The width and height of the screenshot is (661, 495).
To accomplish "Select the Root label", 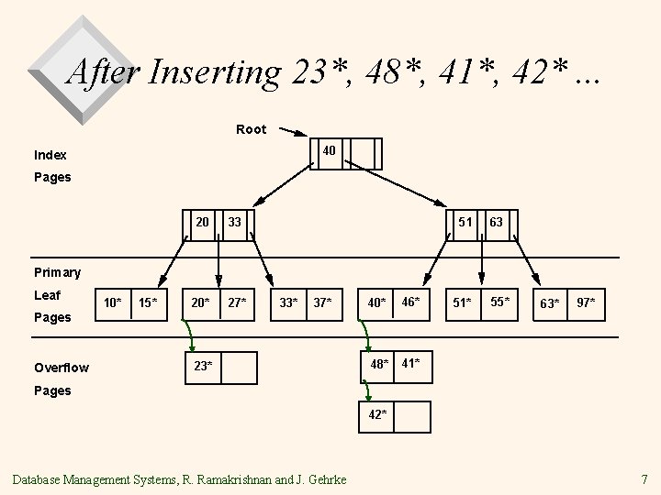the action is (251, 129).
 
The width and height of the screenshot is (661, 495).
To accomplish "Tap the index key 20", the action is (202, 221).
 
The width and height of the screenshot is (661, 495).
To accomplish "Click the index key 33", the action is (235, 221).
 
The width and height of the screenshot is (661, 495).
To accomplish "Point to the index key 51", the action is (465, 221).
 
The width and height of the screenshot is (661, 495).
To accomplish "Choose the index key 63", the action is (496, 221).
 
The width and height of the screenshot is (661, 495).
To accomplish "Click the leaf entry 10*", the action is (113, 302).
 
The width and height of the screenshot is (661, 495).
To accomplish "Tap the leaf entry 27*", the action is (237, 302).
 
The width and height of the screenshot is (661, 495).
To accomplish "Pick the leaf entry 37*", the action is (321, 302).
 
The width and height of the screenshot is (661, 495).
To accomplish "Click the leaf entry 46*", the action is (410, 301).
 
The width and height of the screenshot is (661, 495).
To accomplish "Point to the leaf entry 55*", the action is (499, 301).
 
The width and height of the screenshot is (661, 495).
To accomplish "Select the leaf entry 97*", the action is (585, 302).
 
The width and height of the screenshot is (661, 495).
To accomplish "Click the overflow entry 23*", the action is (203, 366).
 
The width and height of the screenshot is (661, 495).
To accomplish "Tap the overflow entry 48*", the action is (378, 365).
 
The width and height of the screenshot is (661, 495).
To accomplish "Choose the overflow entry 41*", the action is (410, 365).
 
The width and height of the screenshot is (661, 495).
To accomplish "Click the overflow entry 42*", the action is (377, 414).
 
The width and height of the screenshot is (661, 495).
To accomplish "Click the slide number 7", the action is (644, 478).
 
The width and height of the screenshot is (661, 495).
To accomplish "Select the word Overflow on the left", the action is (61, 368).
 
